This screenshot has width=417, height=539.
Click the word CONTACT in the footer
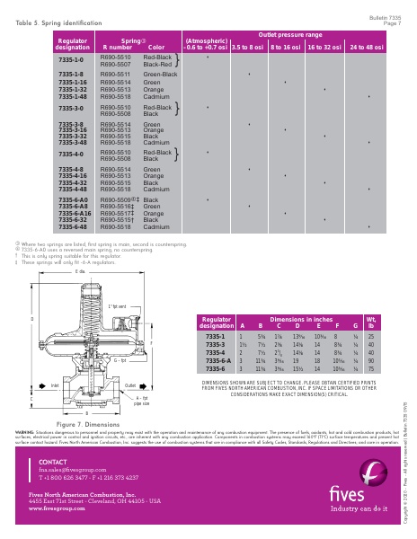click(54, 461)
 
